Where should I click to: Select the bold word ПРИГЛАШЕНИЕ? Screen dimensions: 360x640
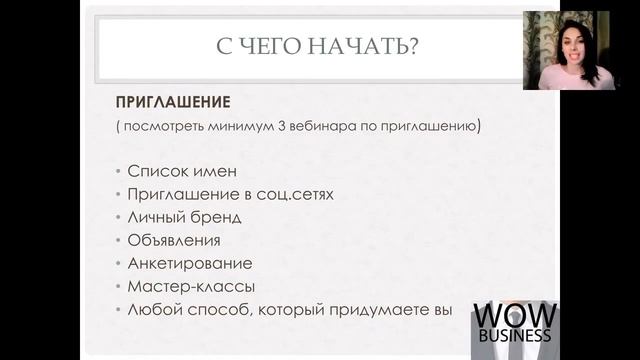173,103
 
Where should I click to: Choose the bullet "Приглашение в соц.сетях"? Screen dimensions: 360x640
230,193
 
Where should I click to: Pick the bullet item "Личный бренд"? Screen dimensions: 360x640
184,216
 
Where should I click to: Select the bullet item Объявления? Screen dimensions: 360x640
174,240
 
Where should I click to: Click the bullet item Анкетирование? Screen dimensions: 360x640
190,263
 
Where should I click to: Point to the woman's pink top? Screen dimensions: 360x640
560,80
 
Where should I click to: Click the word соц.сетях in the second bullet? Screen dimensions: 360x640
296,193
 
